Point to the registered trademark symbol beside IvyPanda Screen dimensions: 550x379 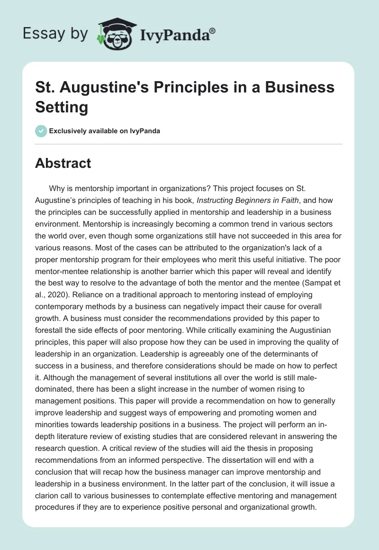click(x=213, y=31)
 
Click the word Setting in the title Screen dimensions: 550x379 click(x=62, y=107)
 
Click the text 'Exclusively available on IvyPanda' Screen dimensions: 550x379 click(x=104, y=131)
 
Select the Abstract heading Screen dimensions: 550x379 click(x=63, y=163)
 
